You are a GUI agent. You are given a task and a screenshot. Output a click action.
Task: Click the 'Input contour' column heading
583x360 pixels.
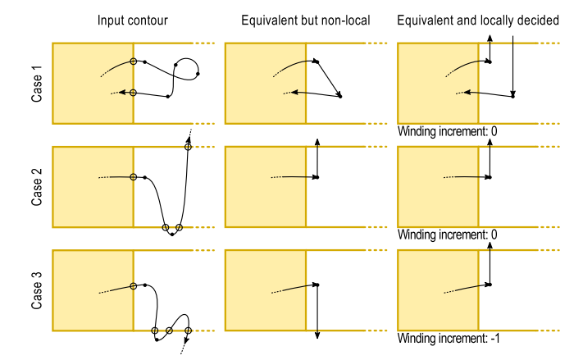133,20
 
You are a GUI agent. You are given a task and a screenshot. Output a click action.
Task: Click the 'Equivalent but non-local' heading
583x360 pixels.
304,20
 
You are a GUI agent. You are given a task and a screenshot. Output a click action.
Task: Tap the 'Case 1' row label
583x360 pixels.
37,83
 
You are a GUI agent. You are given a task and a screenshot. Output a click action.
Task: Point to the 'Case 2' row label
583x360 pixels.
37,187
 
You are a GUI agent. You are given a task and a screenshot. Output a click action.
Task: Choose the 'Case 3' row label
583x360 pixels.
37,290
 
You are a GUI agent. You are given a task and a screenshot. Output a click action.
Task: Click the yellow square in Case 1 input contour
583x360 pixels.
93,83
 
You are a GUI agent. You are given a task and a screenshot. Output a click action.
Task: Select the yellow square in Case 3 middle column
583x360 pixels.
265,290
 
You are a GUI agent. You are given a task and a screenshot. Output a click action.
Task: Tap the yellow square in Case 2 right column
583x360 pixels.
437,187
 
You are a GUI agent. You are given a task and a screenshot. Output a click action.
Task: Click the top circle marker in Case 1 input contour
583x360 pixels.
133,62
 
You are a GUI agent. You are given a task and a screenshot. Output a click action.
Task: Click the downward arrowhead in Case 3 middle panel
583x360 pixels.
317,335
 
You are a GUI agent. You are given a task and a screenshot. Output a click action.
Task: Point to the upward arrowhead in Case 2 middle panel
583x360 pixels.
317,144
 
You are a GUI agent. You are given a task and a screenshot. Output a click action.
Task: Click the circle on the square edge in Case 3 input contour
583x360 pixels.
133,286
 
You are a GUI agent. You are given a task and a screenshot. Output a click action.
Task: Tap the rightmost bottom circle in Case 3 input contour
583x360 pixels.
188,331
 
